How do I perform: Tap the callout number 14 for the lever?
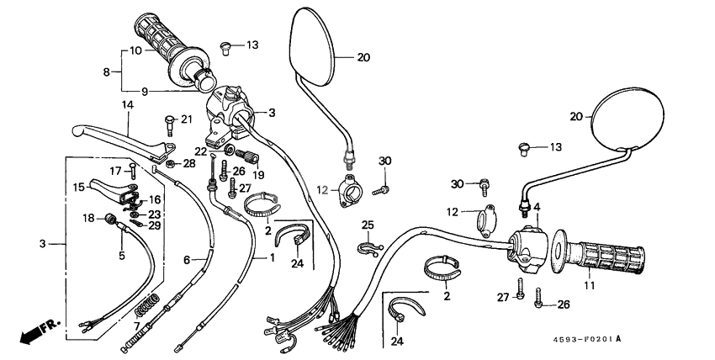(x=128, y=105)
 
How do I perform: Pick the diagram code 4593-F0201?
(x=579, y=339)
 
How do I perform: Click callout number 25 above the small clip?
(x=368, y=225)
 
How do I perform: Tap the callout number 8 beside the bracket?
(x=107, y=72)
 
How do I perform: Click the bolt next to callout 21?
(x=167, y=124)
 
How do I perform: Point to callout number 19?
(x=258, y=175)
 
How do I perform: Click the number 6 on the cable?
(x=188, y=261)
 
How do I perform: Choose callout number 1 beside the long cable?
(x=272, y=257)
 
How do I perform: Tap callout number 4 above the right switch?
(x=536, y=207)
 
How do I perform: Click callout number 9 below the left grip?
(x=144, y=91)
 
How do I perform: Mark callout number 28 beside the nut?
(x=189, y=162)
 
